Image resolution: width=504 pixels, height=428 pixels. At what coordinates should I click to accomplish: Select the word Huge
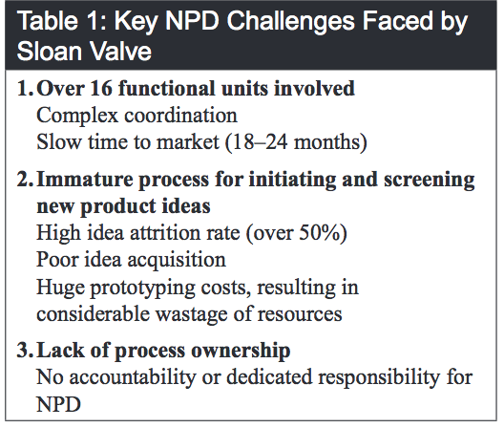pos(57,286)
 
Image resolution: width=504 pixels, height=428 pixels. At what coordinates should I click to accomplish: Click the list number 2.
pos(22,179)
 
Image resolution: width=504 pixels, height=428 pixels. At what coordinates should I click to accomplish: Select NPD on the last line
pos(56,402)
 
